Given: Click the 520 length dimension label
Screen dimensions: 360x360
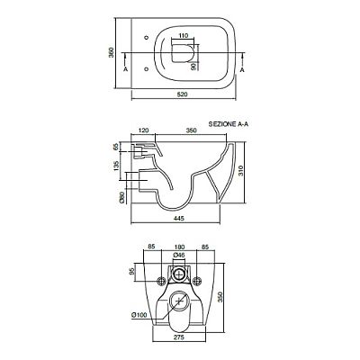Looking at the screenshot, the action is coord(182,94).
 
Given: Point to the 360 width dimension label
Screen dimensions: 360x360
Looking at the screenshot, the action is coord(112,53).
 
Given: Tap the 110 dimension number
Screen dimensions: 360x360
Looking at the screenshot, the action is coord(183,35).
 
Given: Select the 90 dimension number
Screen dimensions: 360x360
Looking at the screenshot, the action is coord(193,66).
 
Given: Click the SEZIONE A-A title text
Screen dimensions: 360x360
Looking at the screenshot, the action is coord(229,124).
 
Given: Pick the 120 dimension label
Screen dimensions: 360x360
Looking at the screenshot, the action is coord(143,130).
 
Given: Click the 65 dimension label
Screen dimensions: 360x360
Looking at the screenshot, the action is coord(116,147).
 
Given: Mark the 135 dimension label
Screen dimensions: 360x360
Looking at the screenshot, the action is coord(116,166).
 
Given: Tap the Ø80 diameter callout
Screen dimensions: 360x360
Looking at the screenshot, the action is coord(121,197).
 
